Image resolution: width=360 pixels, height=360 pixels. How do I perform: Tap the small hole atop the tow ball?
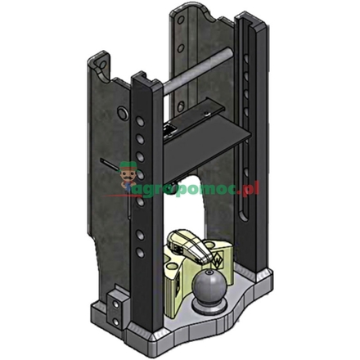click(x=209, y=272)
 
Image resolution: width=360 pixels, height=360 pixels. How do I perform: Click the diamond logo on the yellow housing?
click(x=218, y=258)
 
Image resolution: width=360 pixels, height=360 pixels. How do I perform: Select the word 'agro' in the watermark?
click(x=152, y=190)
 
